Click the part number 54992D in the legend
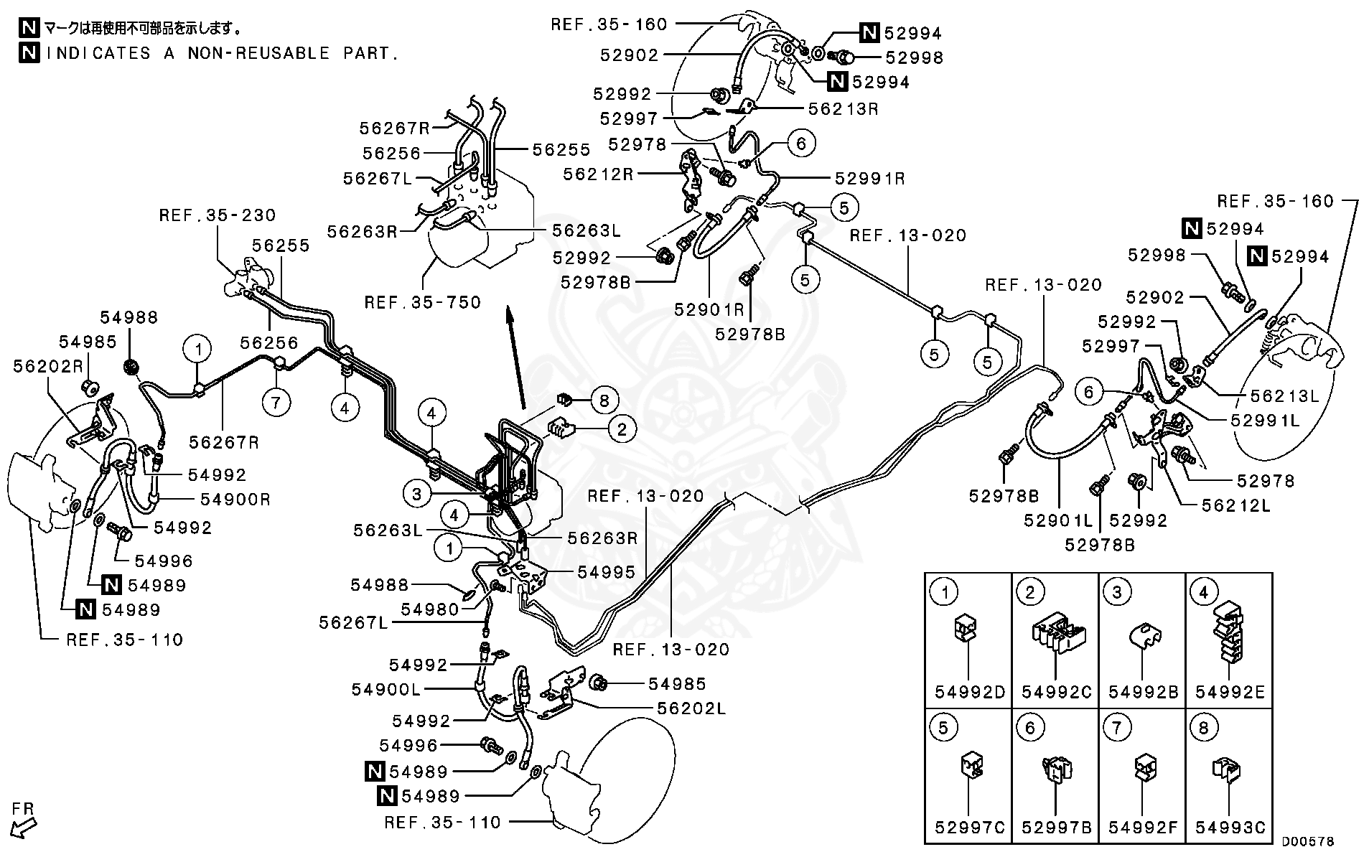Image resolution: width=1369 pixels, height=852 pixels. [x=969, y=693]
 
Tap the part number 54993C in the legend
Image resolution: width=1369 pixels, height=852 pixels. [x=1230, y=828]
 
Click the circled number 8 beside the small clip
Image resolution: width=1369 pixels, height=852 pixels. [x=603, y=401]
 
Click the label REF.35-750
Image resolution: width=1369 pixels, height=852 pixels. [x=422, y=302]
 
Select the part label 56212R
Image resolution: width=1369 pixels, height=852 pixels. [x=598, y=174]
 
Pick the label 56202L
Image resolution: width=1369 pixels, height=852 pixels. [x=691, y=708]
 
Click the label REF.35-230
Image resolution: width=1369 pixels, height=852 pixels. [x=217, y=215]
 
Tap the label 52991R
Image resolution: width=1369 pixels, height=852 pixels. [x=869, y=179]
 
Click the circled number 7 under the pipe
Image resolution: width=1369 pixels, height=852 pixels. [x=276, y=402]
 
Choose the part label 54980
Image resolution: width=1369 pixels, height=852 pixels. [x=429, y=609]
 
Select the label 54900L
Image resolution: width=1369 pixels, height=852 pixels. [x=386, y=689]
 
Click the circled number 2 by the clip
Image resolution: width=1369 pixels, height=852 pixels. [x=622, y=429]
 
